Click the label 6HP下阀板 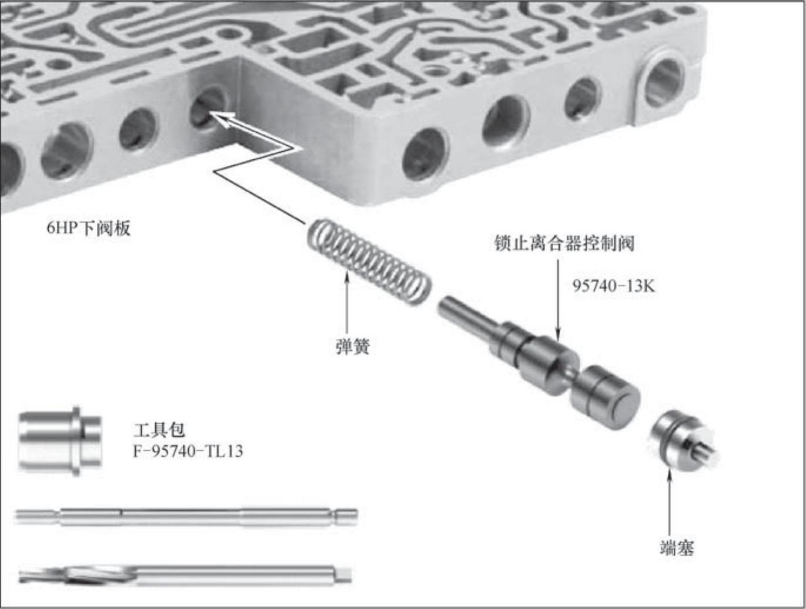[x=89, y=228]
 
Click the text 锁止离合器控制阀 [x=564, y=243]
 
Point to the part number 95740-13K [x=614, y=286]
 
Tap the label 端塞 [x=677, y=548]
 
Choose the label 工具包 [x=159, y=430]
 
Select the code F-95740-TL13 [x=188, y=451]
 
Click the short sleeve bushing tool [x=60, y=441]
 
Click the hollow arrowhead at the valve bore [x=223, y=119]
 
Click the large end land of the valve [x=606, y=399]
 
